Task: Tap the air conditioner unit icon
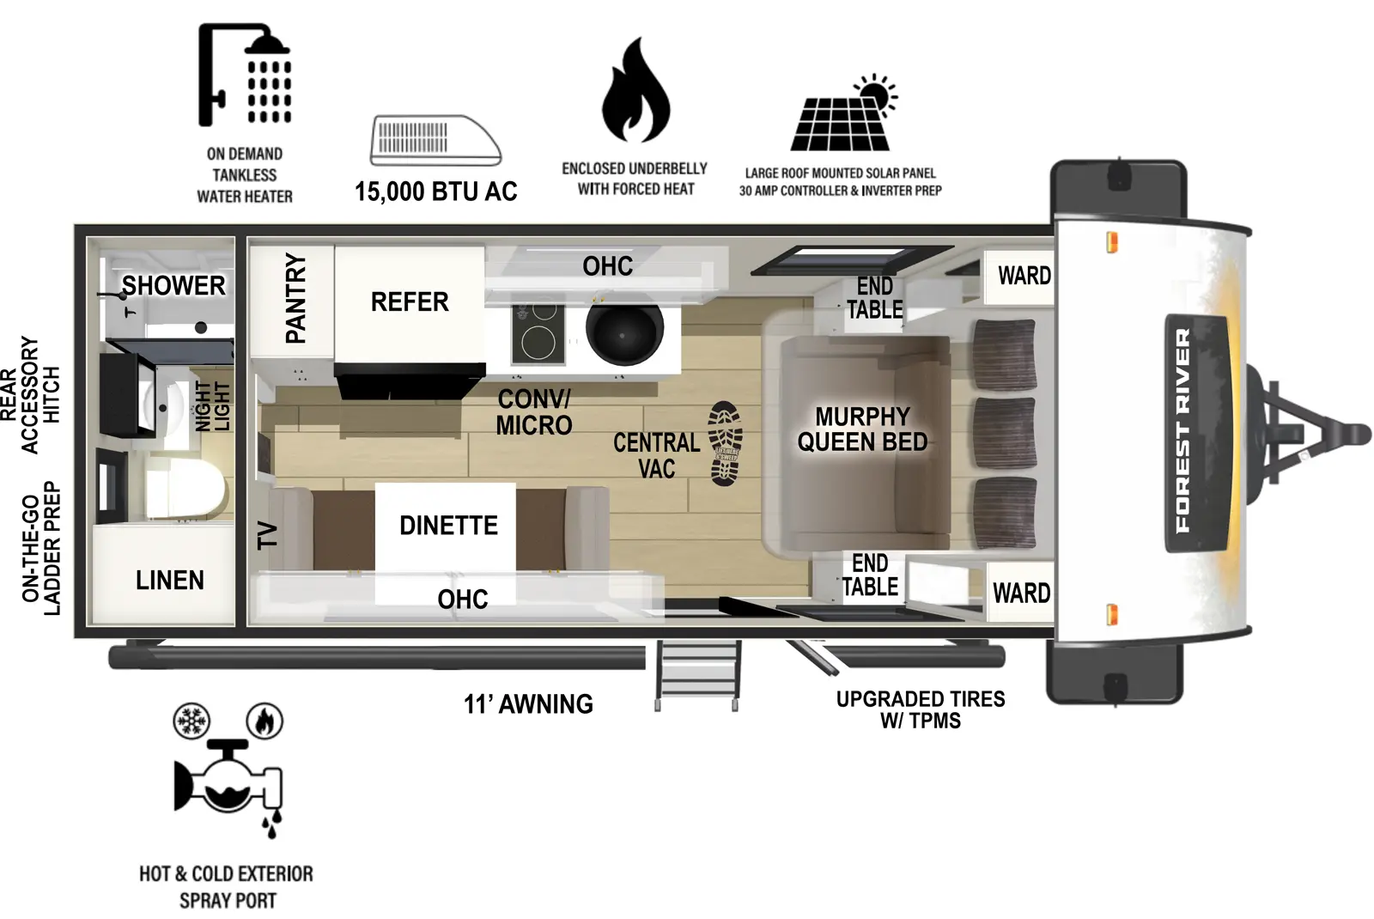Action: [x=435, y=140]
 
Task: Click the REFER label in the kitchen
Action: [x=410, y=302]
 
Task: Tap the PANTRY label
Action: [x=295, y=298]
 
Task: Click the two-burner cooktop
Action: [x=538, y=333]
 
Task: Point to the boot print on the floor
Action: [x=725, y=443]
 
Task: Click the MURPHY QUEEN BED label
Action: [x=862, y=429]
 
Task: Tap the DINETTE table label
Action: [x=448, y=526]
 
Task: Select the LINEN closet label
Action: [x=170, y=581]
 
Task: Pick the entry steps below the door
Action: [x=697, y=675]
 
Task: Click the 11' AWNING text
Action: [x=528, y=704]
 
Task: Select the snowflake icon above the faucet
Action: [x=191, y=721]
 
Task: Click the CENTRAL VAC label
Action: [x=656, y=456]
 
